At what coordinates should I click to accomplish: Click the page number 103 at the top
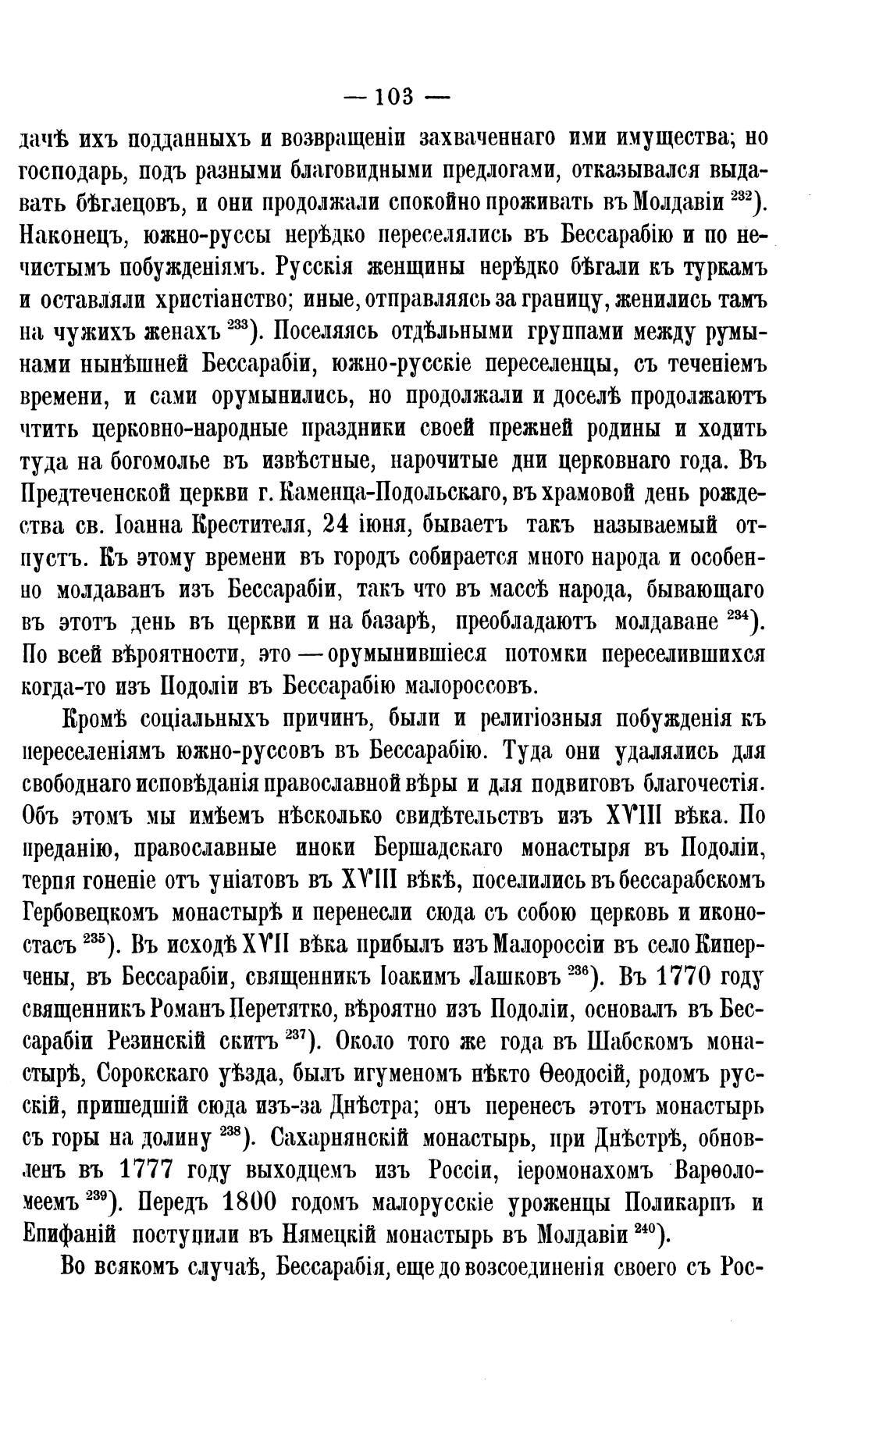397,98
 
